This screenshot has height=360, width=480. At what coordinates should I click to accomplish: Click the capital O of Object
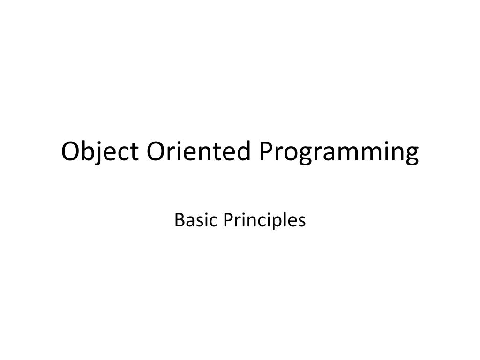click(x=71, y=152)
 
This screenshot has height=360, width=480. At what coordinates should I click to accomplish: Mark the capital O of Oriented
click(x=156, y=152)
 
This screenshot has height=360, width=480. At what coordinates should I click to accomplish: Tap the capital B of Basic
click(x=179, y=219)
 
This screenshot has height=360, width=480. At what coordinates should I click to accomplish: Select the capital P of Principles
click(x=227, y=219)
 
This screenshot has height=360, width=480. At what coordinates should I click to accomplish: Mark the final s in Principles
click(x=301, y=220)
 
